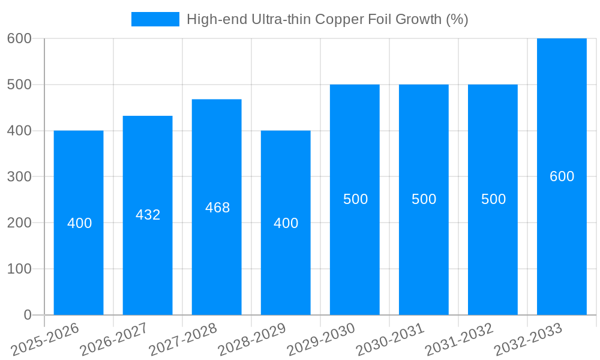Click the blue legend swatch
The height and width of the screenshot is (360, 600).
click(x=155, y=19)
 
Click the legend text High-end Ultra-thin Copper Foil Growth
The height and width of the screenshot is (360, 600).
click(x=327, y=19)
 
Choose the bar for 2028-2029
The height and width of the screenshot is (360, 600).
click(x=286, y=264)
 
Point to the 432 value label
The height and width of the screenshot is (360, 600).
click(x=148, y=215)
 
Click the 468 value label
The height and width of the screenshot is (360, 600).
click(x=217, y=208)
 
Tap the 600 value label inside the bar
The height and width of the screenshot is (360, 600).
click(x=562, y=176)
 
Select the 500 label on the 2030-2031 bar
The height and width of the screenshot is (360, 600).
click(x=424, y=199)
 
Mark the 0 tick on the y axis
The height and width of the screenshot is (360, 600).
click(x=27, y=315)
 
